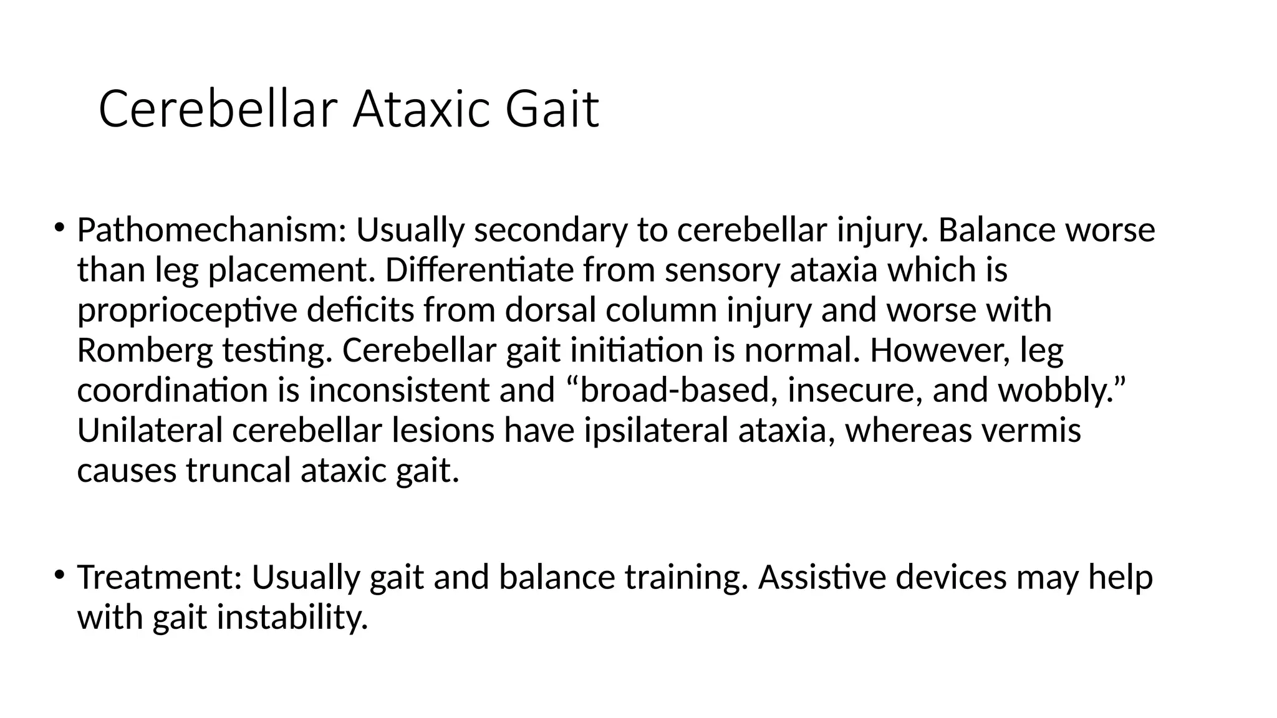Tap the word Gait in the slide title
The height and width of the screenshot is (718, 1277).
pos(552,110)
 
